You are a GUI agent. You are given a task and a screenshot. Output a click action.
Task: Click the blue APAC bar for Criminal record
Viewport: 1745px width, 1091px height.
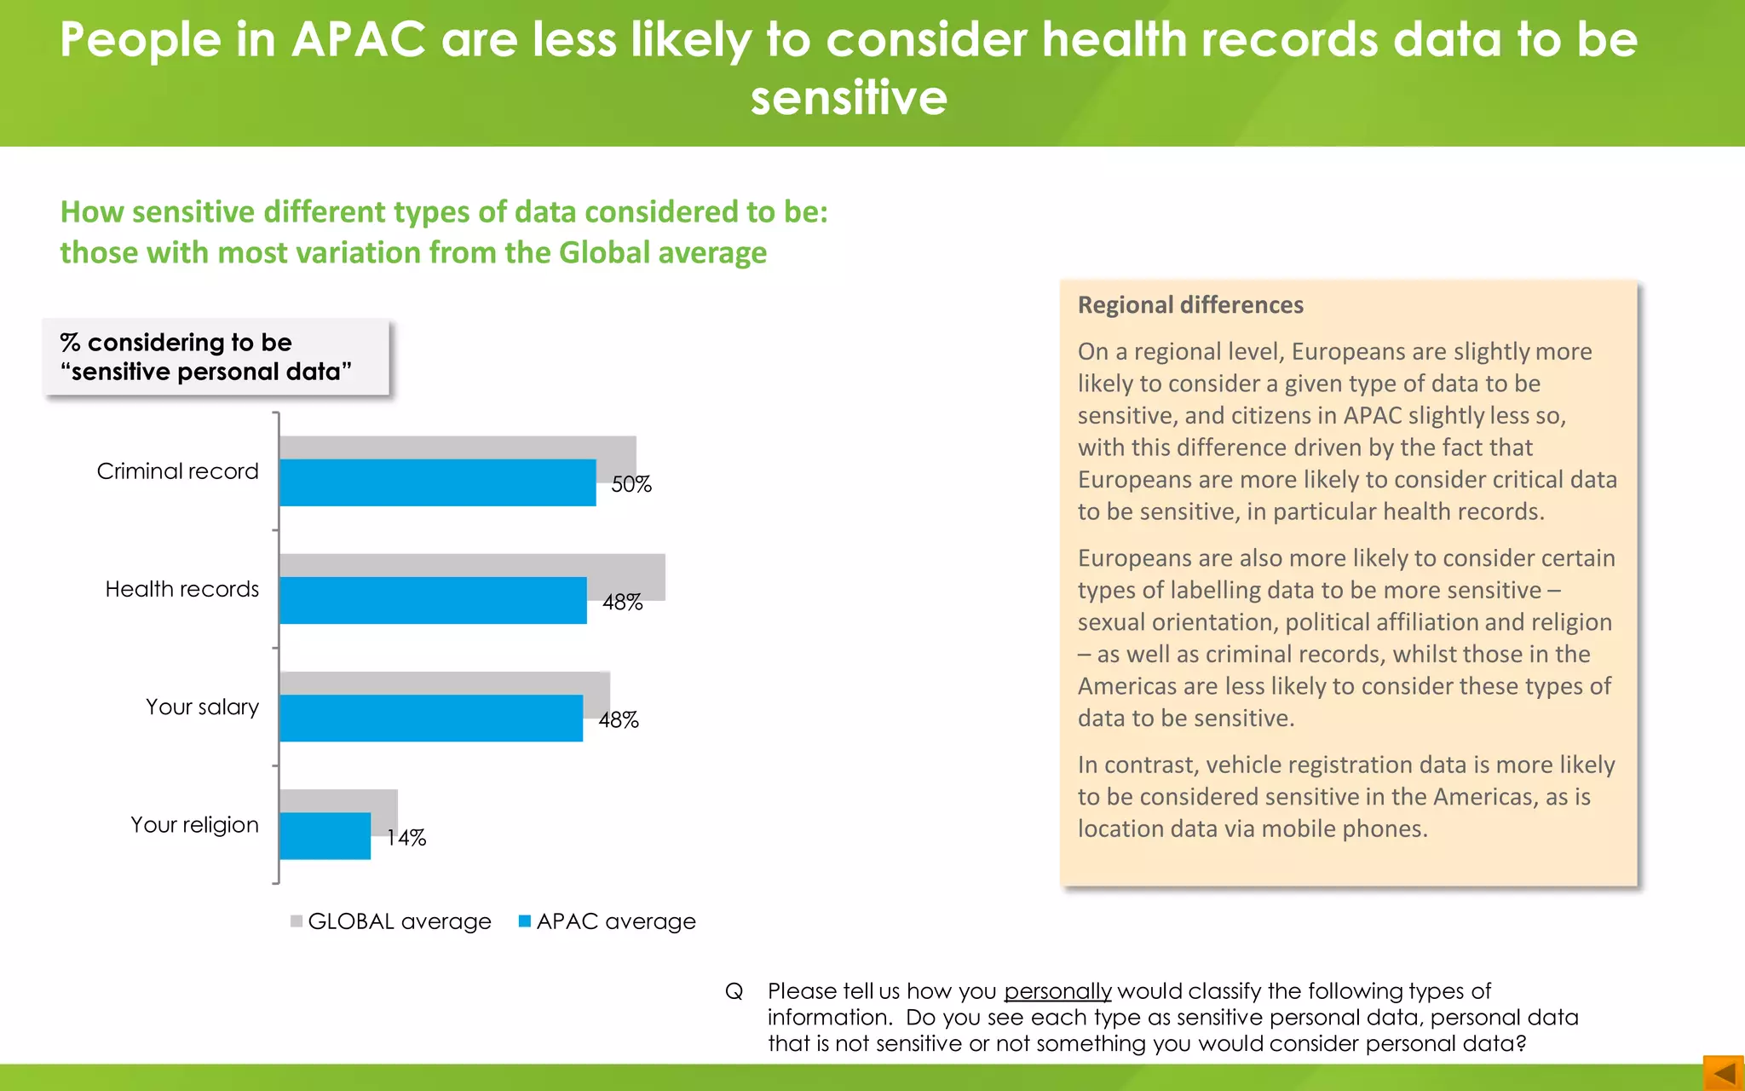tap(437, 482)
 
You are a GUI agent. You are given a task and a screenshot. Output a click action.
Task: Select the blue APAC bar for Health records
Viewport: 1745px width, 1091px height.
tap(433, 600)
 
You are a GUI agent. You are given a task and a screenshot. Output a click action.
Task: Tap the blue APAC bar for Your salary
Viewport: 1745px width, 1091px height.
tap(431, 718)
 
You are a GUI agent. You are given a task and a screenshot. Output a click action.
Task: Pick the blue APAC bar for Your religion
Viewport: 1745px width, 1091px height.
tap(325, 835)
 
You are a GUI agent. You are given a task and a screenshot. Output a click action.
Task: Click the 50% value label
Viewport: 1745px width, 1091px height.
tap(631, 484)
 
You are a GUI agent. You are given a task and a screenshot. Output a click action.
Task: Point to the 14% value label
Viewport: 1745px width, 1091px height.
tap(406, 838)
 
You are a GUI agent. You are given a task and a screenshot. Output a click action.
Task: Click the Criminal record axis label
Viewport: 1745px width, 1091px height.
tap(177, 471)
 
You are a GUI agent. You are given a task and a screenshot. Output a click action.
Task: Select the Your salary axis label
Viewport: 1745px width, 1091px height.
tap(202, 707)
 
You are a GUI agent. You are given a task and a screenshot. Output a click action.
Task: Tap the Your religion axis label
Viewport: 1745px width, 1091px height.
tap(194, 824)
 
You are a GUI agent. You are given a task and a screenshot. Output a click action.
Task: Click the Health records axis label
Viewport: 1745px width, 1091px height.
tap(181, 589)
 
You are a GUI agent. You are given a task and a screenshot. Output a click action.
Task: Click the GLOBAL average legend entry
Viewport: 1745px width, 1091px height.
tap(391, 921)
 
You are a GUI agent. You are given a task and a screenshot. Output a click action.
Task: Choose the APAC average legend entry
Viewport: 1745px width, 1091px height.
tap(608, 921)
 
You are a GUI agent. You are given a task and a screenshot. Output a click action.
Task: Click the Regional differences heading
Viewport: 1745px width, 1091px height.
tap(1190, 305)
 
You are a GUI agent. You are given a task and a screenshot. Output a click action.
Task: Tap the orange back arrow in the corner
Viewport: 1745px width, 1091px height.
tap(1723, 1072)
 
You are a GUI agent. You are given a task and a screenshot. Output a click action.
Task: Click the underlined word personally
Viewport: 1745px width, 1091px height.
tap(1057, 991)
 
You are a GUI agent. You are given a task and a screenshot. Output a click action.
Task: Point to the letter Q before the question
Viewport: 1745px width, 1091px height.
tap(734, 991)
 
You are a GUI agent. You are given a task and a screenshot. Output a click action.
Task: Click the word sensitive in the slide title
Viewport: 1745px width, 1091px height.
tap(849, 97)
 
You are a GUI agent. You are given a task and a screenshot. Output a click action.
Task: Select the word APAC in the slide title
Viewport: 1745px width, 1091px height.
tap(359, 39)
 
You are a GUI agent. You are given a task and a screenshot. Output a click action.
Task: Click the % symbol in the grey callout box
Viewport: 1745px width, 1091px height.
tap(70, 343)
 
